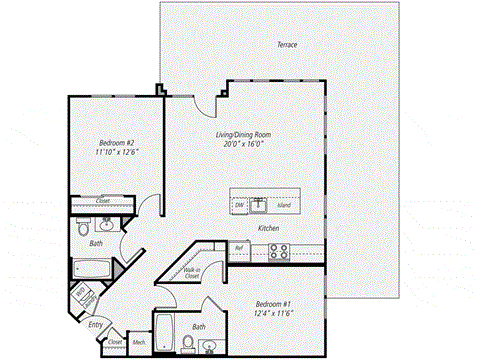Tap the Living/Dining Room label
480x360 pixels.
(243, 134)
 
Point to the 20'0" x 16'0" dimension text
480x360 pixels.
(243, 144)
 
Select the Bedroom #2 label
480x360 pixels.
(116, 142)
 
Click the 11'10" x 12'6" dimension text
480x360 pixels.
(116, 152)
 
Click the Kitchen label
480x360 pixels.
(268, 229)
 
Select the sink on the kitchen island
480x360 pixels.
(260, 205)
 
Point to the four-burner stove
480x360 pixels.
(278, 251)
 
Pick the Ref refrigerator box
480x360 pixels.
(239, 247)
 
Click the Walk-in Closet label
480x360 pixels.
(190, 272)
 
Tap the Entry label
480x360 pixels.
(95, 324)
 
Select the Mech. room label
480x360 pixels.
(139, 343)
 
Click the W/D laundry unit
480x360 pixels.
(79, 297)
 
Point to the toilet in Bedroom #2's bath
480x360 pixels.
(82, 229)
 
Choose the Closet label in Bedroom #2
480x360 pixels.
(102, 200)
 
